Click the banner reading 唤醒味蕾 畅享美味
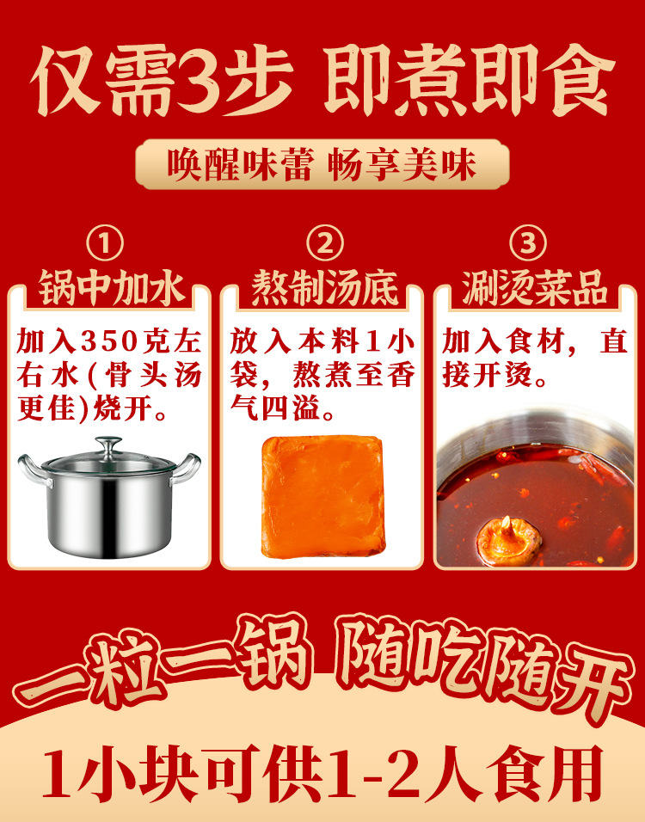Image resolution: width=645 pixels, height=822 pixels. tap(322, 165)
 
